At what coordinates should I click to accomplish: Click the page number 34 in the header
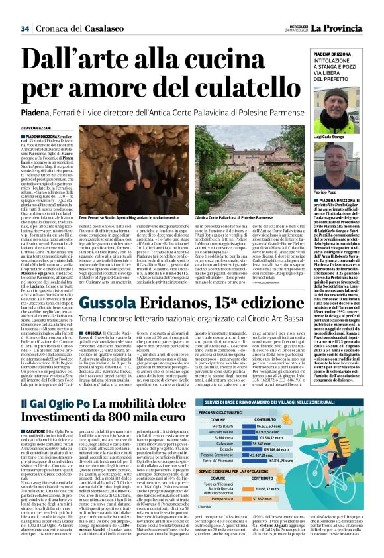pyautogui.click(x=26, y=28)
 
